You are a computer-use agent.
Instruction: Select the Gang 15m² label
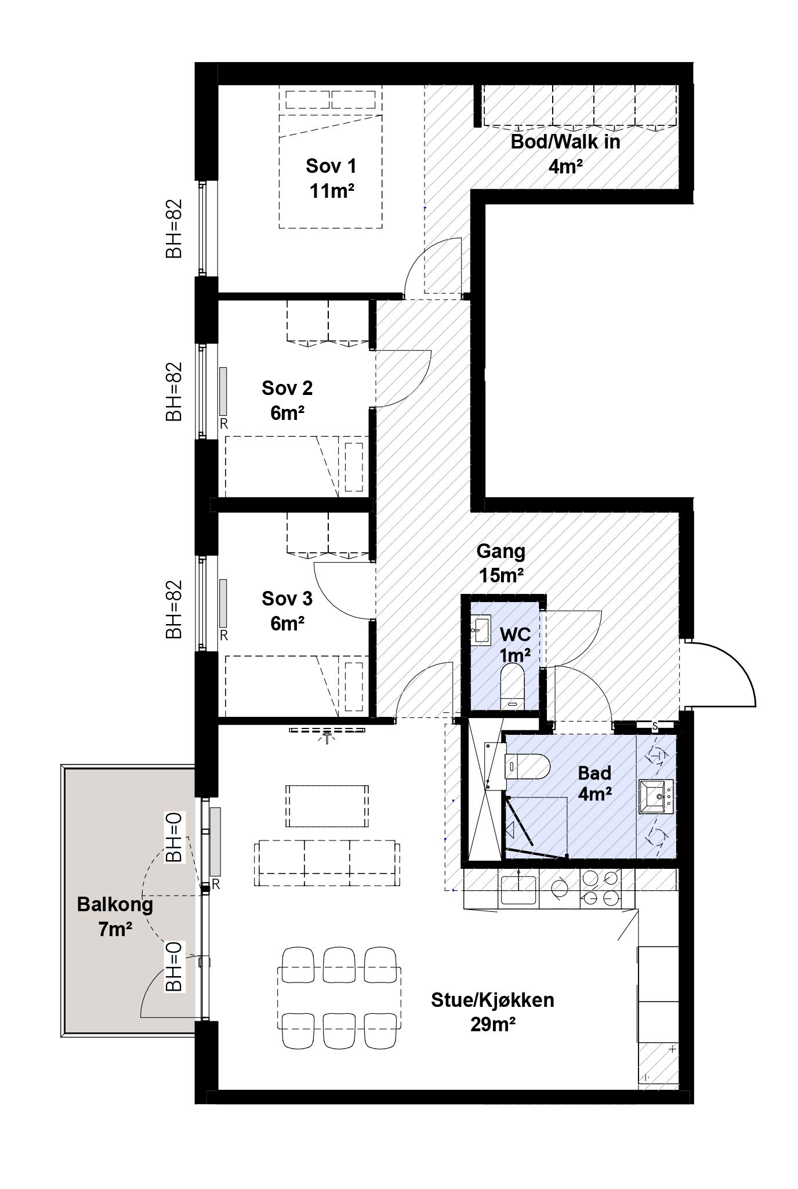coord(500,563)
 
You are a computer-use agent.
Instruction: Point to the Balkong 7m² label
coord(115,916)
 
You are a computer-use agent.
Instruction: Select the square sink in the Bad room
coord(657,797)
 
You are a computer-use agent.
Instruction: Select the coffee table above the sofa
coord(328,806)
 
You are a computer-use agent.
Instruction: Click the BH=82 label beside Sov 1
coord(174,229)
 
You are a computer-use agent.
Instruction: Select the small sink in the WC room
coord(480,630)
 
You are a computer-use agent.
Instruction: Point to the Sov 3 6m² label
coord(287,610)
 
